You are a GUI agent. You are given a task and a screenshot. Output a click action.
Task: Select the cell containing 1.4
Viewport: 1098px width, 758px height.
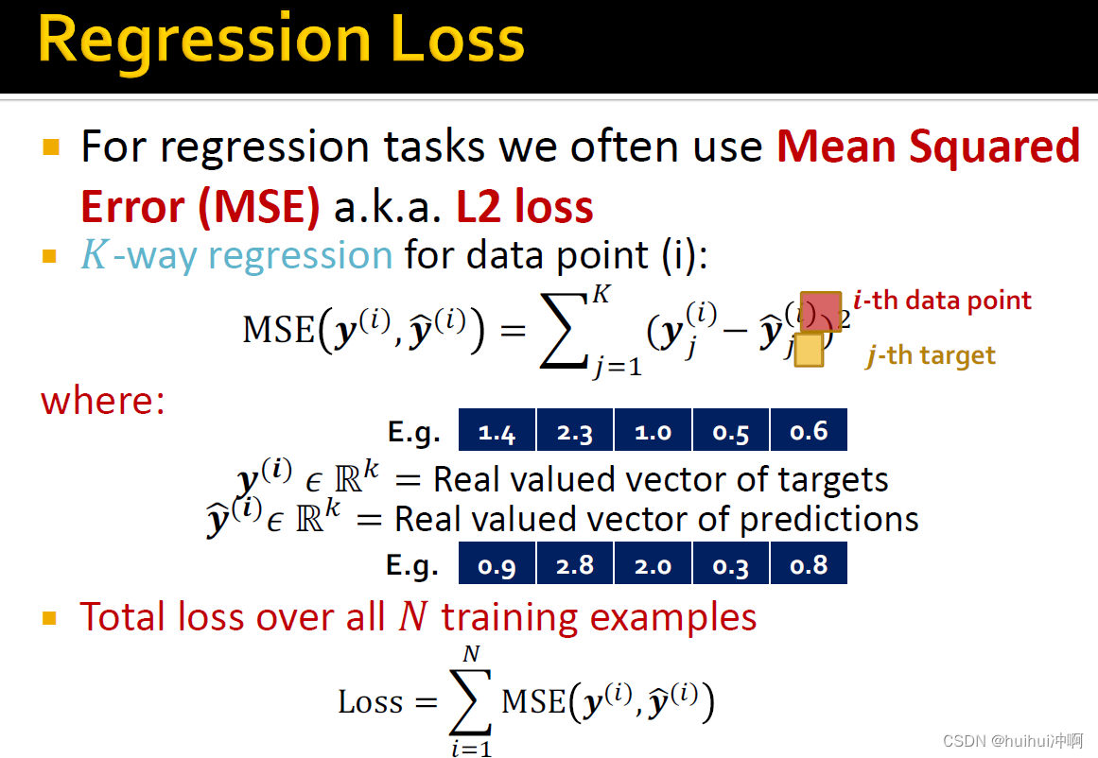[497, 430]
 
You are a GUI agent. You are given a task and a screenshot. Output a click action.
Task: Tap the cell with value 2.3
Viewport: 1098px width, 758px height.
[575, 430]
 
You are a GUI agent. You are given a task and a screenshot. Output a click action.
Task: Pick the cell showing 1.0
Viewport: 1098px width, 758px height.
[653, 430]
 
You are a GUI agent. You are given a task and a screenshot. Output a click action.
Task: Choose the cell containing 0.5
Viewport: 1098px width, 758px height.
[730, 430]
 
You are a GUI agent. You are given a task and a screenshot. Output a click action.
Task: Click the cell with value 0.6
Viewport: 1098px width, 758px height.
[809, 430]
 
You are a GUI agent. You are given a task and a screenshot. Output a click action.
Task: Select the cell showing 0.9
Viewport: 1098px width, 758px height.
[497, 562]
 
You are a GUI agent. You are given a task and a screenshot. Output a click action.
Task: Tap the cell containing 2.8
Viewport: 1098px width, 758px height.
[575, 562]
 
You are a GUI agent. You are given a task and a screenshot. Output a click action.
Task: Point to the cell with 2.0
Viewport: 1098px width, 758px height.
[653, 562]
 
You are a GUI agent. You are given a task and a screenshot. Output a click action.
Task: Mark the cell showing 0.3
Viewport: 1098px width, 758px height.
[730, 562]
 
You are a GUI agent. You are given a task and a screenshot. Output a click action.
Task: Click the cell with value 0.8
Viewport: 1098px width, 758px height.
[809, 562]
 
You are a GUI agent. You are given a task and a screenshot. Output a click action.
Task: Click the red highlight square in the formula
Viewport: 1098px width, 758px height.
[821, 312]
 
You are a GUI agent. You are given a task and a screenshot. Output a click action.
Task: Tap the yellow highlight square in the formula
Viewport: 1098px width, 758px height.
[809, 350]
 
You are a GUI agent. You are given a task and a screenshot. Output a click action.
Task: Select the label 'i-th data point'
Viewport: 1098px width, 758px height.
[942, 301]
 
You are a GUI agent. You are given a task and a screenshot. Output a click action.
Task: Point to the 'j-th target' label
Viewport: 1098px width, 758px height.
[930, 355]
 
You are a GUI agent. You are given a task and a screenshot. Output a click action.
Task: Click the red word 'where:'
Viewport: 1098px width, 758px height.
[103, 401]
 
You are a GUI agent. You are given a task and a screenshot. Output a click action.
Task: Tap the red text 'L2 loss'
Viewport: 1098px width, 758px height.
[525, 206]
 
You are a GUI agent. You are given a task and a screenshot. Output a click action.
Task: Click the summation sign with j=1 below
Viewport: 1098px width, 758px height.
[563, 331]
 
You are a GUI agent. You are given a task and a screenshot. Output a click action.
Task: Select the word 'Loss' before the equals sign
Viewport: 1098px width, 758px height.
[371, 701]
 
